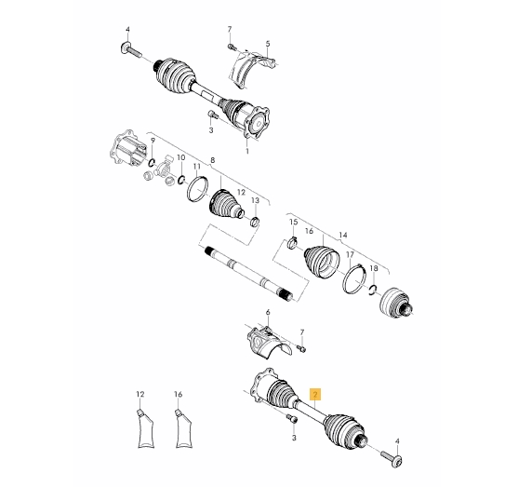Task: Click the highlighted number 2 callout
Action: [315, 394]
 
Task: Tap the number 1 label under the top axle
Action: [247, 151]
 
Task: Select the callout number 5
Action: [268, 44]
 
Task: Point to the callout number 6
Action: [268, 312]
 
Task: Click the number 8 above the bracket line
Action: [213, 160]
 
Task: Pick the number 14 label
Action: [343, 235]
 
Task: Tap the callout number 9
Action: [153, 141]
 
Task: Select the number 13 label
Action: [255, 200]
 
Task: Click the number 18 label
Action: [374, 268]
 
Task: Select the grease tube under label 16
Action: [183, 429]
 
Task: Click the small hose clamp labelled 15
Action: [292, 243]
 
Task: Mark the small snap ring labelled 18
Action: [373, 290]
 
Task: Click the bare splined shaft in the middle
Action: [249, 274]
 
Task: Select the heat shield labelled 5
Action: [250, 68]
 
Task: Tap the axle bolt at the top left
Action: [131, 50]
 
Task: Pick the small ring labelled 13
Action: [255, 222]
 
